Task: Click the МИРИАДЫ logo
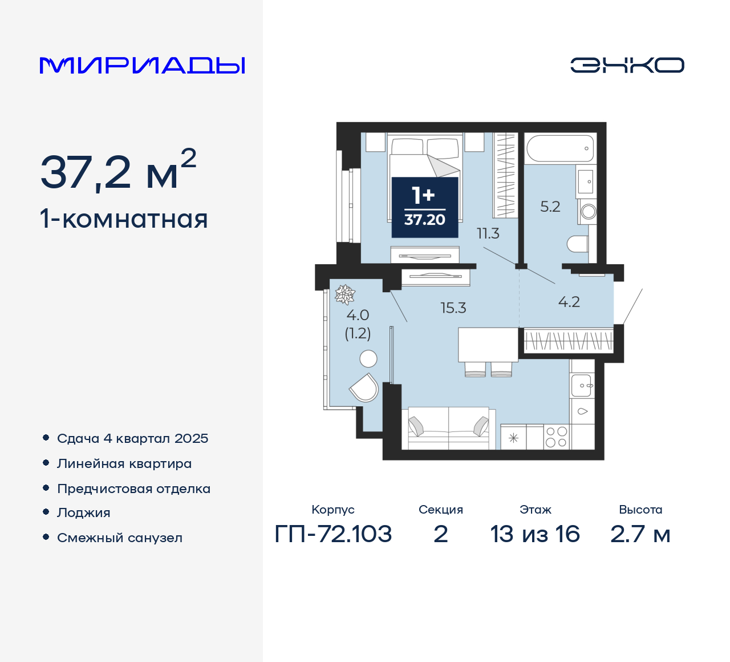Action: (142, 66)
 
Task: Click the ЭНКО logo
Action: (627, 65)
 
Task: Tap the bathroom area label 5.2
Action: (550, 207)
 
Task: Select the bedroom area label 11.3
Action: (488, 233)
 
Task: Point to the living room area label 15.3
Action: (453, 308)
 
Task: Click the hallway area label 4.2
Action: (569, 302)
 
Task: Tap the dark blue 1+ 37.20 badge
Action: (425, 207)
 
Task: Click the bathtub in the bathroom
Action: (560, 148)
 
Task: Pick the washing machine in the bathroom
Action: (587, 212)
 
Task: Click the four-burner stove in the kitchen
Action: (557, 437)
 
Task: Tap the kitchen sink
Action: (582, 386)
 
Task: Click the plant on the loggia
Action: (344, 294)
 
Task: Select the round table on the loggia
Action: (368, 359)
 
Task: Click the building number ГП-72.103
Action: (333, 534)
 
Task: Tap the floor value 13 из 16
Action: (535, 534)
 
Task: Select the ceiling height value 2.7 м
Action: (640, 534)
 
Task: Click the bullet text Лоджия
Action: (84, 513)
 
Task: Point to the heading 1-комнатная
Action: (124, 219)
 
